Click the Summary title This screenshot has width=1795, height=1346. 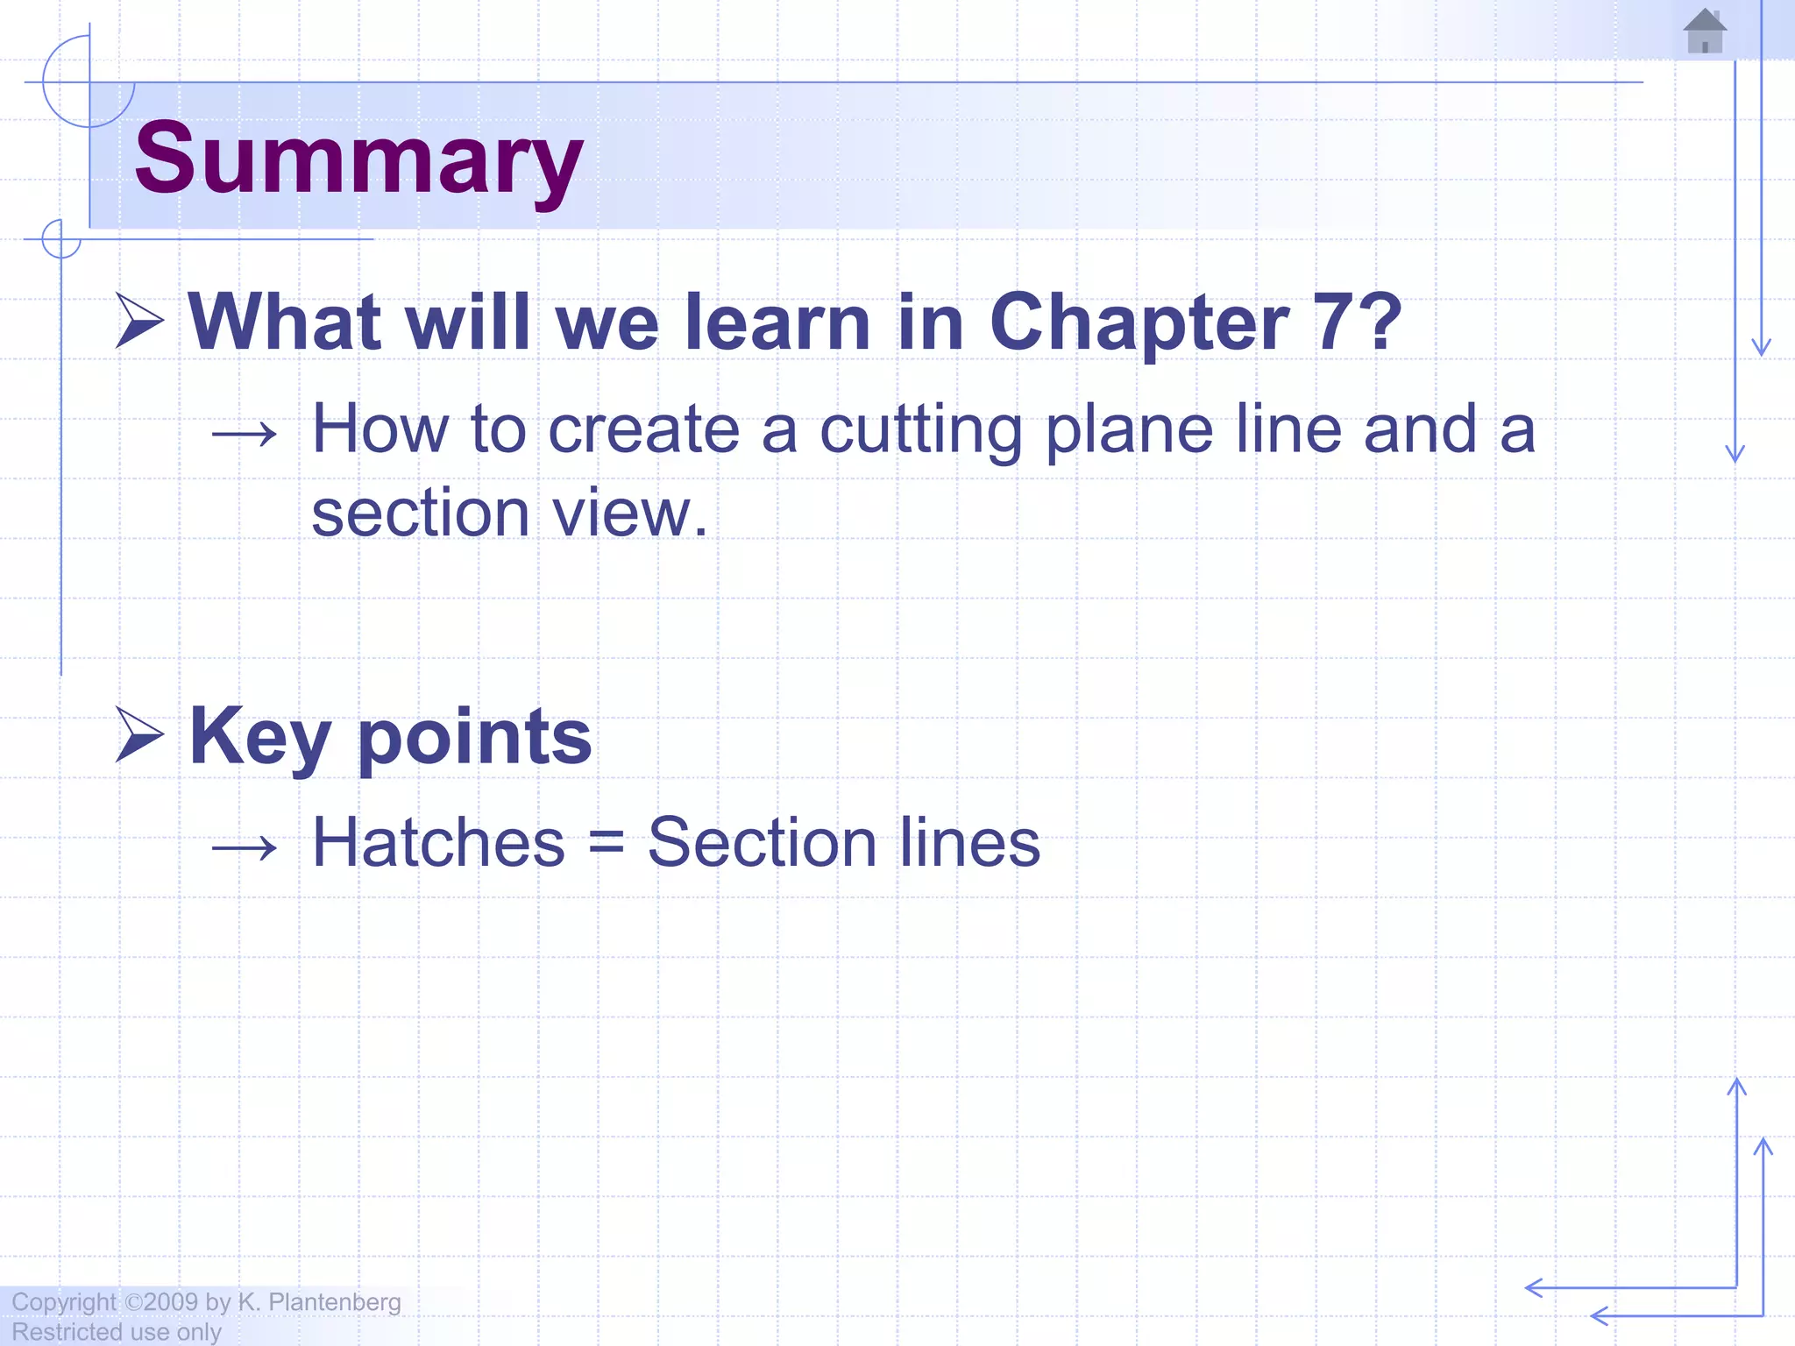point(358,159)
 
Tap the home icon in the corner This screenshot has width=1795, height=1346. point(1705,32)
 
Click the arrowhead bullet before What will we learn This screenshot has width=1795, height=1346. point(139,321)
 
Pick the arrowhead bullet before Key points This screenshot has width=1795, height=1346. point(139,734)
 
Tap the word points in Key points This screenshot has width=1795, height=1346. point(475,738)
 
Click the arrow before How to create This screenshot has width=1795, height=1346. point(245,433)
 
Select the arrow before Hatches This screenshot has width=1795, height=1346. point(245,847)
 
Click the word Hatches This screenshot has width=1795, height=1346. point(438,843)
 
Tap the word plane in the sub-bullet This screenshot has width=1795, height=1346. point(1131,431)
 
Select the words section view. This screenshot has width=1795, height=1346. point(509,514)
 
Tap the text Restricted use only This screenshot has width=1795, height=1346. point(117,1332)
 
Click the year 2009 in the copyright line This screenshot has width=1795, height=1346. point(171,1302)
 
